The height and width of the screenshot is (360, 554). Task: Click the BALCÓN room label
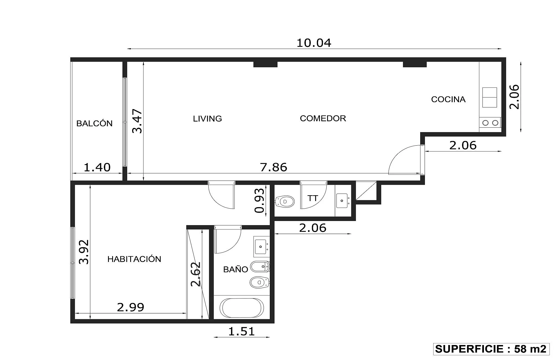point(94,123)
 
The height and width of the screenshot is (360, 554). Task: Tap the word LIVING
point(207,119)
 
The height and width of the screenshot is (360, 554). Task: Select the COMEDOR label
point(323,118)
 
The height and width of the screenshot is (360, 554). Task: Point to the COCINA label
point(448,99)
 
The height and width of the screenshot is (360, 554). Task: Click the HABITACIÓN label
point(134,259)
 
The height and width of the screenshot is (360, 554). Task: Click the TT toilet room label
point(313,198)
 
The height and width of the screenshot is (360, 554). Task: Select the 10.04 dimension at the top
point(314,43)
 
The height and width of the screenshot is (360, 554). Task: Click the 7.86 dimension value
point(274,167)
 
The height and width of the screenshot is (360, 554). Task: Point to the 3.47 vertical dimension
point(137,121)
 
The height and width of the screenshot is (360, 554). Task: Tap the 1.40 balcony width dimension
point(97,167)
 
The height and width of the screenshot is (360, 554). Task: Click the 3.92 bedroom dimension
point(84,252)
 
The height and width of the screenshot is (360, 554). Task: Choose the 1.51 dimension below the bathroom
point(241,331)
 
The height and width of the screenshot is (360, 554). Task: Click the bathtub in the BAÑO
point(242,308)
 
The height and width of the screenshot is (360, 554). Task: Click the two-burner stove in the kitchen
point(490,122)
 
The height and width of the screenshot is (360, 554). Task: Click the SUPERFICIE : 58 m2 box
point(491,349)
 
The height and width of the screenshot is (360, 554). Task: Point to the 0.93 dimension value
point(260,200)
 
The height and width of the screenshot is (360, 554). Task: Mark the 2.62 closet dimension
point(196,274)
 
